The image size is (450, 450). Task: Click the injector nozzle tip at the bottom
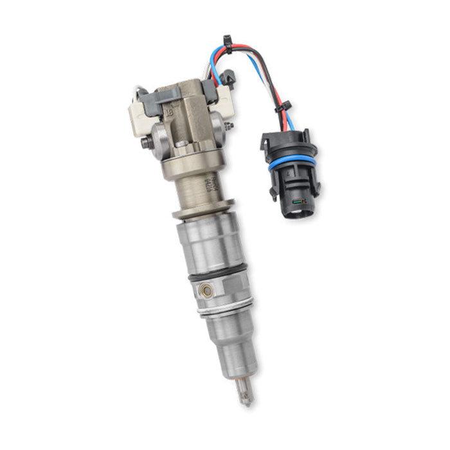(246, 393)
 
